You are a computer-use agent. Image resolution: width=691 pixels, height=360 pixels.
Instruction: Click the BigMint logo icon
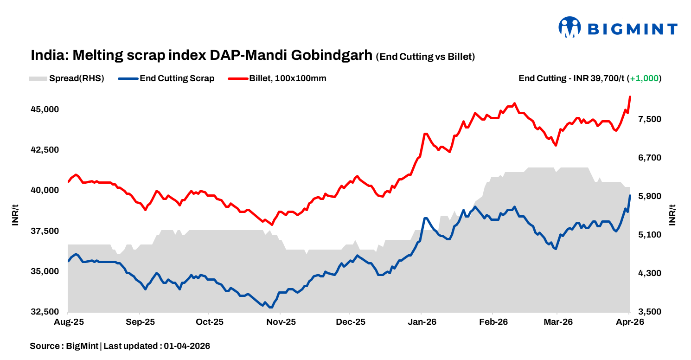[570, 27]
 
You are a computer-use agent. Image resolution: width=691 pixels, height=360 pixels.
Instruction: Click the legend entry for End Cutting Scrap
[177, 78]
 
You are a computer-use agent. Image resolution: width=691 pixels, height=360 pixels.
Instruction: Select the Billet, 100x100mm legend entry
[287, 78]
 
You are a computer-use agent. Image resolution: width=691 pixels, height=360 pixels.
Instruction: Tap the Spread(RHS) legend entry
[77, 78]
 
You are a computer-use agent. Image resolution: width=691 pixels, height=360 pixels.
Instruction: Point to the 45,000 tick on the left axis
[45, 109]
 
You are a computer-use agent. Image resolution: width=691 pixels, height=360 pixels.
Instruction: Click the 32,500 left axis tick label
[45, 312]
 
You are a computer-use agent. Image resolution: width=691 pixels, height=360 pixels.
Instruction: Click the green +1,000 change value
[644, 78]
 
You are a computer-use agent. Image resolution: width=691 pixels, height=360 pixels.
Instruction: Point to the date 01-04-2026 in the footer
[187, 346]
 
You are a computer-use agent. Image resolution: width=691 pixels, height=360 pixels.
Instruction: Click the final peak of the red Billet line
[630, 97]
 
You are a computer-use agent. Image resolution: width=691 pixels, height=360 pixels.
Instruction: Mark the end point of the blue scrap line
[630, 196]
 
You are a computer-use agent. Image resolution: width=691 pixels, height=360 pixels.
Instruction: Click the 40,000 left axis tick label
[45, 190]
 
